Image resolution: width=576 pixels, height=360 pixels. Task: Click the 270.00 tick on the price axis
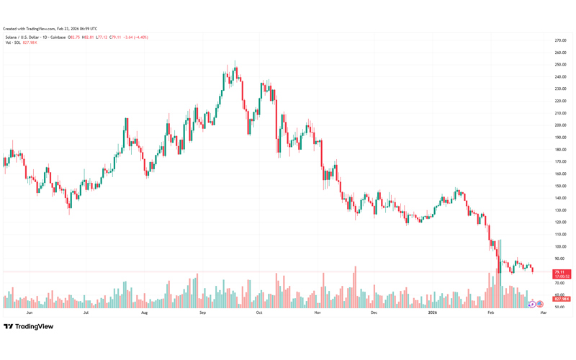559,40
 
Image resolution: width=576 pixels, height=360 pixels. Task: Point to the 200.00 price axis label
559,125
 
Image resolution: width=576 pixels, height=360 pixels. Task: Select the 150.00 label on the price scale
559,186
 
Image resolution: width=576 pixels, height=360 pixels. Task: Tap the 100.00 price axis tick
559,246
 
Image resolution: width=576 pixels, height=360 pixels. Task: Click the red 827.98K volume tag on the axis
562,299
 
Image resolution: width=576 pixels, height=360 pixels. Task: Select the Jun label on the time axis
30,313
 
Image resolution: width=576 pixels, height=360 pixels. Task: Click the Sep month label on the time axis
202,313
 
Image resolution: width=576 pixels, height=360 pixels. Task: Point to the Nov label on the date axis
317,313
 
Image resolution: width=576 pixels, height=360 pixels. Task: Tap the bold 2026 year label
432,313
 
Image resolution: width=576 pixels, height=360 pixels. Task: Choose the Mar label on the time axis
544,313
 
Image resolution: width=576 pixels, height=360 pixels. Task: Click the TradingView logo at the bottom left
29,327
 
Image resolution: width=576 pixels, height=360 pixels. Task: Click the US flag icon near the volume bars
540,305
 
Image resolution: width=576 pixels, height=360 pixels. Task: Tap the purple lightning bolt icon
532,305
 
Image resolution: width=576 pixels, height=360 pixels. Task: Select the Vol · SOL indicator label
12,42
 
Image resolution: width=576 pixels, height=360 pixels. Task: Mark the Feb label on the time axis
491,313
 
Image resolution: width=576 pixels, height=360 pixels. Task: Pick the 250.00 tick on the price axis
559,65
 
